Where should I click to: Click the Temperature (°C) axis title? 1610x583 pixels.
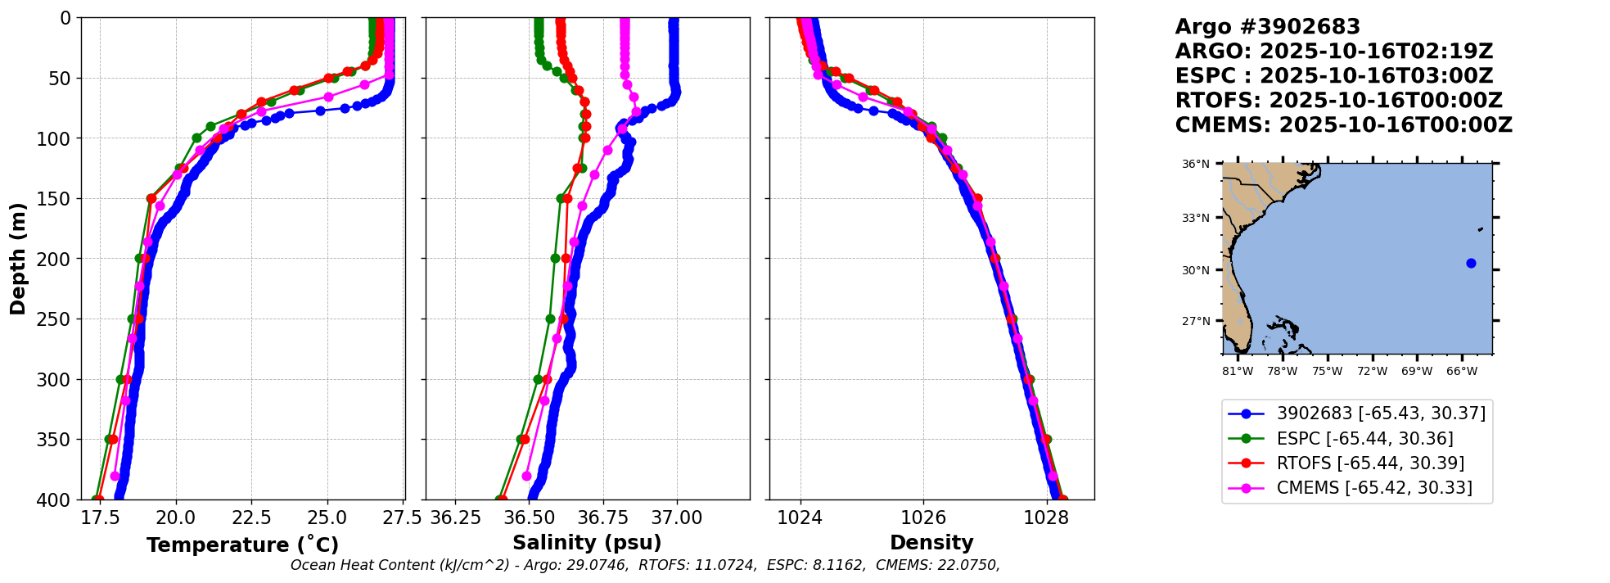[242, 545]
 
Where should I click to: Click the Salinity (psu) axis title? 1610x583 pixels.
[587, 543]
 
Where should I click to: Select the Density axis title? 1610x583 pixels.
[931, 543]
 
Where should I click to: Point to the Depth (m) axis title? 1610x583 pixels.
[18, 259]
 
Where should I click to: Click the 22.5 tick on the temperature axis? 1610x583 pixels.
[251, 518]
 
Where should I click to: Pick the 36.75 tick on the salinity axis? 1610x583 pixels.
[602, 518]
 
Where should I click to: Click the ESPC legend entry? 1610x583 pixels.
[1364, 439]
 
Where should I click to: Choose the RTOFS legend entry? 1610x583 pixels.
[1370, 463]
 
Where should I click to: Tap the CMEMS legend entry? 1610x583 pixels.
[1374, 488]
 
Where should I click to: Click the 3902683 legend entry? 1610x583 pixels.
[1381, 414]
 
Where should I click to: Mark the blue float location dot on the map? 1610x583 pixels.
[1471, 263]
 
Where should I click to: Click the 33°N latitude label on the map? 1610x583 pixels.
[1195, 218]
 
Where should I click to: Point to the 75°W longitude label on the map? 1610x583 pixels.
[1327, 372]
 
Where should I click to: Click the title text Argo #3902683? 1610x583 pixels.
[1267, 27]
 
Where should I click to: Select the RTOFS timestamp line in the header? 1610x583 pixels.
[1338, 101]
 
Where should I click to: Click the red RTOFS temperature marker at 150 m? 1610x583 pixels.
[151, 199]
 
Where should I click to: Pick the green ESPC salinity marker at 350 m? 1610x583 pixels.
[521, 439]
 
